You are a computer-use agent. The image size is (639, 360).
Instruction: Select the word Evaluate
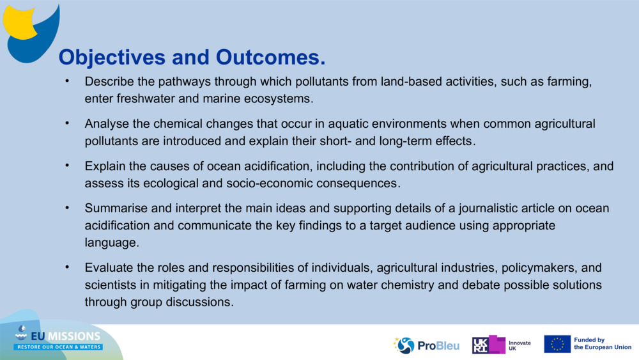tap(109, 267)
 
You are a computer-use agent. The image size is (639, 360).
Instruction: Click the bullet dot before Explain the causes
tap(66, 166)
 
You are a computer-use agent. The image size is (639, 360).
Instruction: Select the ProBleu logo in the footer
tap(419, 345)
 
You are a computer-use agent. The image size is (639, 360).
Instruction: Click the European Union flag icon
tap(557, 344)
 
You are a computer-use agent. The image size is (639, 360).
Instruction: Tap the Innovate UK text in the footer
tap(519, 345)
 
